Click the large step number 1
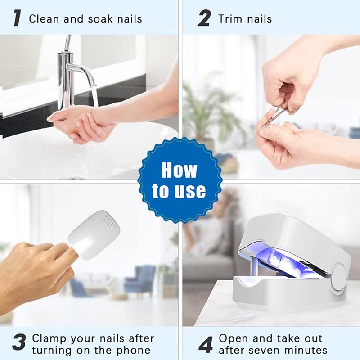(17, 18)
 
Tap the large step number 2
(204, 18)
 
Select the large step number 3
(19, 342)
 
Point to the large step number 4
(206, 345)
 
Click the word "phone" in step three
(133, 351)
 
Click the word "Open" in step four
(233, 339)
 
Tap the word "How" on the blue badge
(179, 170)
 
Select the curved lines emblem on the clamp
(110, 223)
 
